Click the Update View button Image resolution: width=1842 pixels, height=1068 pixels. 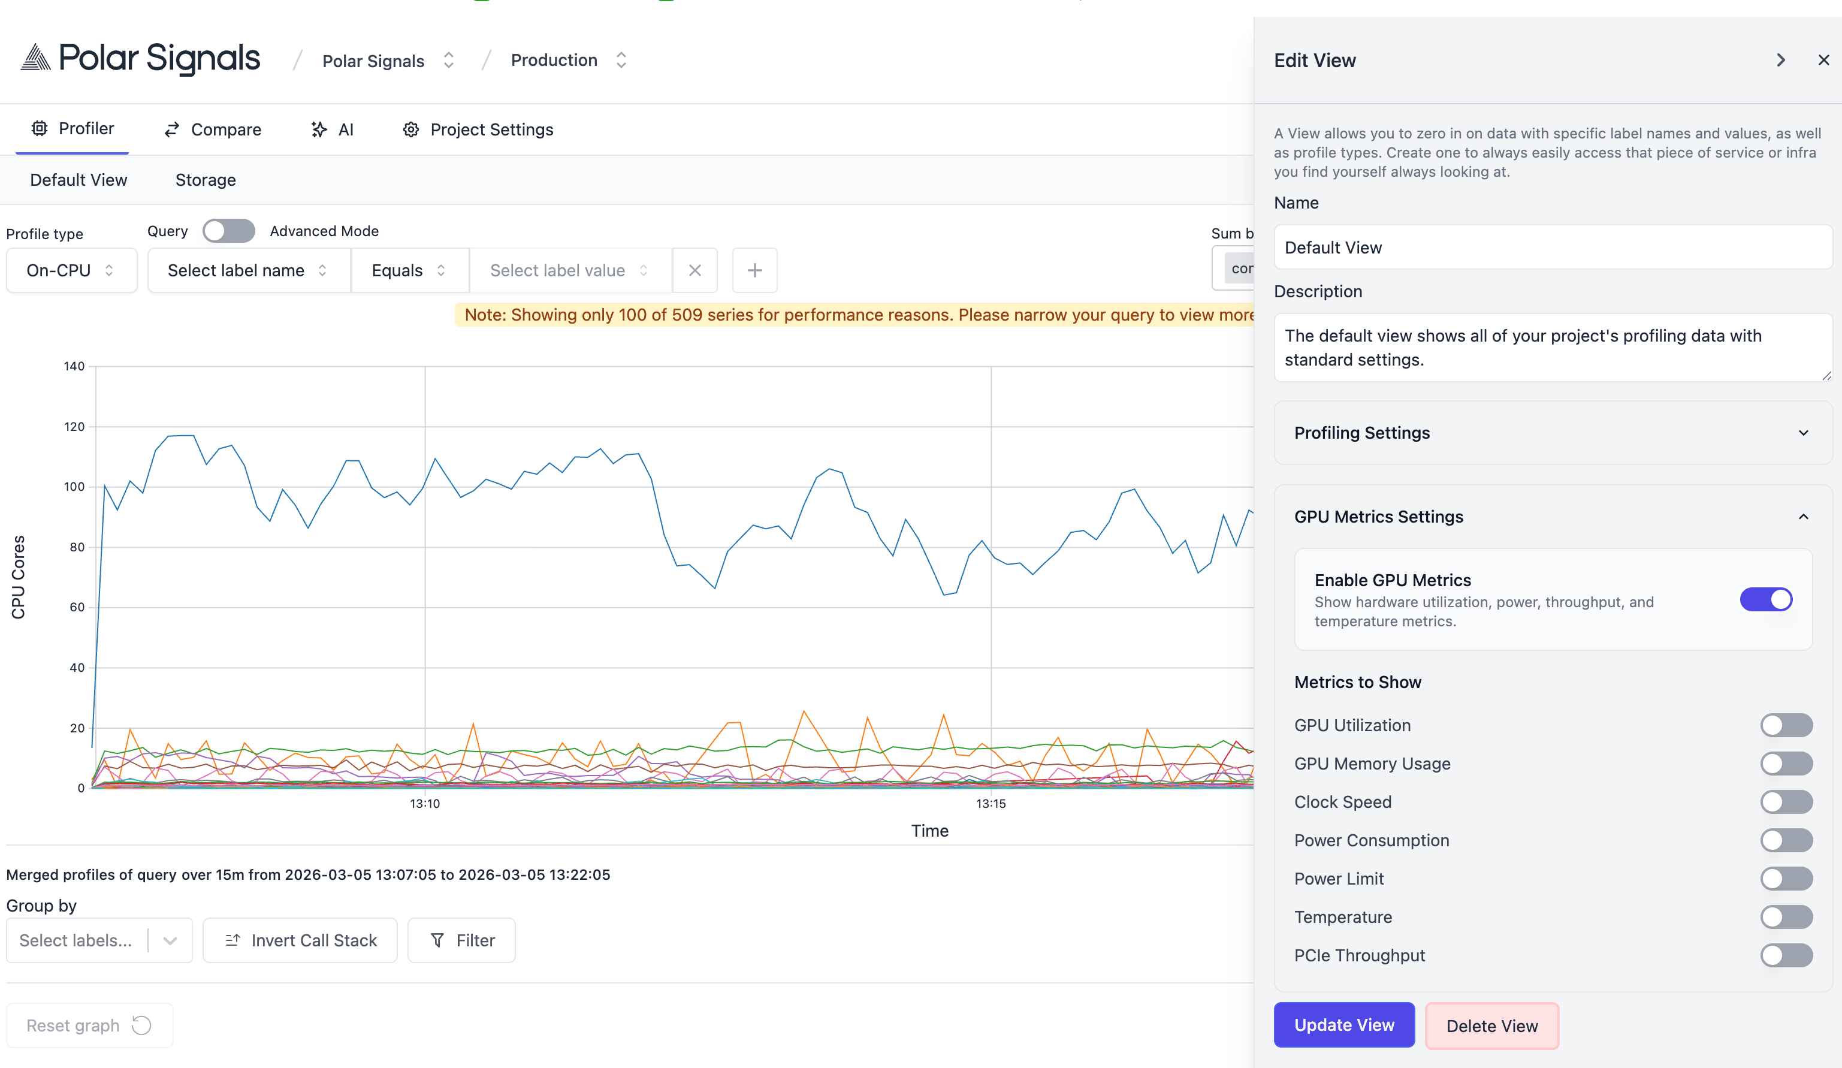[x=1343, y=1025]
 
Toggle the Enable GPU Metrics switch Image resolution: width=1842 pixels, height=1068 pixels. [x=1765, y=599]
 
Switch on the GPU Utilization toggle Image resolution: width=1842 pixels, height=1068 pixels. [x=1786, y=725]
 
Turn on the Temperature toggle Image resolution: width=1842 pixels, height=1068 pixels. [x=1786, y=917]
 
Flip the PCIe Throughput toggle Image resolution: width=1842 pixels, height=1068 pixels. [x=1786, y=955]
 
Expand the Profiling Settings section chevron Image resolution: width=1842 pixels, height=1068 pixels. [x=1803, y=433]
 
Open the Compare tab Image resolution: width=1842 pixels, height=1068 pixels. [x=213, y=129]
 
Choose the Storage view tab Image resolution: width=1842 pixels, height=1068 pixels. [x=206, y=180]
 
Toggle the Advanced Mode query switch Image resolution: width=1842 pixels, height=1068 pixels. [x=229, y=231]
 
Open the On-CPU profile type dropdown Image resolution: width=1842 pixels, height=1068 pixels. [x=71, y=270]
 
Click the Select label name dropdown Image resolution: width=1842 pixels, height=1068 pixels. [x=248, y=270]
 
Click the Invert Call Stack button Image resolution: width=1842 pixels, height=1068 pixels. [x=300, y=940]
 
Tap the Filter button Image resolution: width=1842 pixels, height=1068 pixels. [x=461, y=940]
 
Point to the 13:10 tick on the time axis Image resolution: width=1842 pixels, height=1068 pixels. [x=425, y=803]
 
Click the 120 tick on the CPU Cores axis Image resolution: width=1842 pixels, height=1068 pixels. [x=74, y=427]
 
